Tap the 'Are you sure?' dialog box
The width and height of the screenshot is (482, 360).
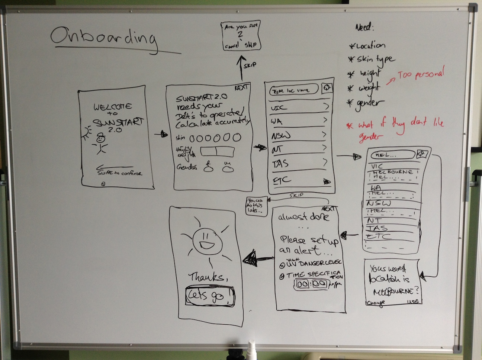(241, 36)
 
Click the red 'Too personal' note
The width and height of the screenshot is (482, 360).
(421, 74)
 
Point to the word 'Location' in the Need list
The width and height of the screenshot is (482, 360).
(370, 46)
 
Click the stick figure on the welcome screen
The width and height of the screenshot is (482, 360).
(101, 143)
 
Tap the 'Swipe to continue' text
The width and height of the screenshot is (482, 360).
(119, 173)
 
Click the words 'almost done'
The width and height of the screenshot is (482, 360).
(303, 217)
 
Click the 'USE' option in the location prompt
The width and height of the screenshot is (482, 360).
(413, 302)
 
